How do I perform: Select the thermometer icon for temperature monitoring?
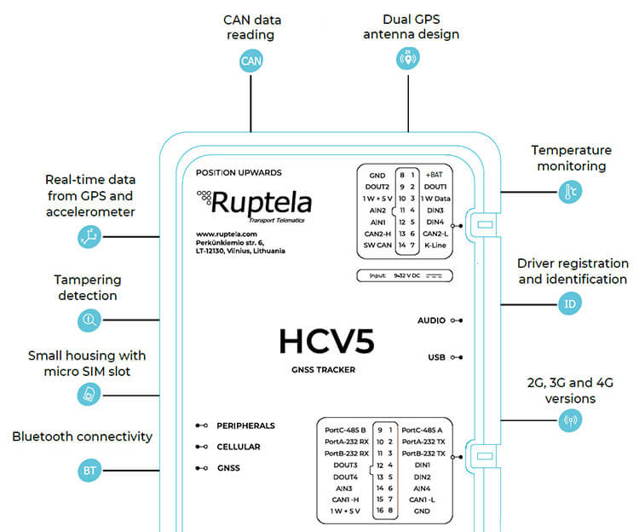pyautogui.click(x=570, y=191)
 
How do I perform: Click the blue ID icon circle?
pyautogui.click(x=570, y=304)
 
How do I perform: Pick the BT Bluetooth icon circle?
pyautogui.click(x=89, y=470)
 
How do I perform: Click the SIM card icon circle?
pyautogui.click(x=89, y=393)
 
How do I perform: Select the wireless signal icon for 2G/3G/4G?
pyautogui.click(x=570, y=419)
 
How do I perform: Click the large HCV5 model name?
pyautogui.click(x=326, y=341)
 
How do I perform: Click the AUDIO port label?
pyautogui.click(x=431, y=321)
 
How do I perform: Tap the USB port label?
pyautogui.click(x=435, y=357)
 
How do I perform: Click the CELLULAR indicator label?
pyautogui.click(x=239, y=446)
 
